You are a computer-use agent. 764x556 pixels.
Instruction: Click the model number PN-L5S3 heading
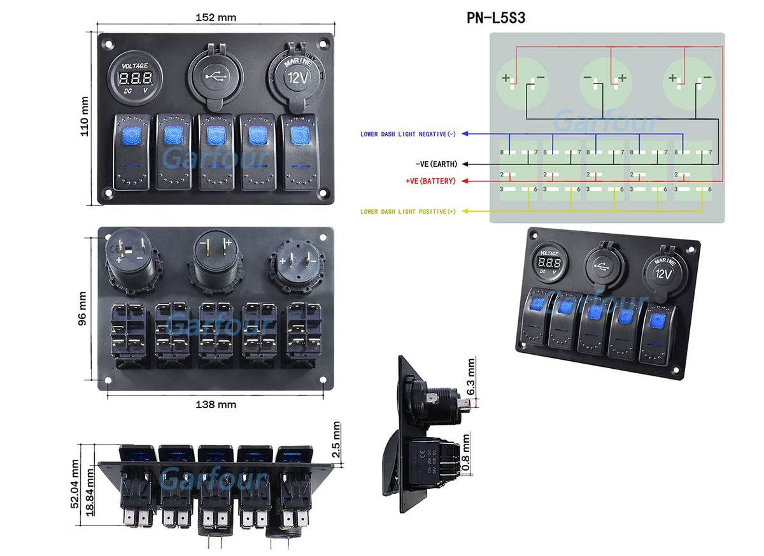(x=496, y=18)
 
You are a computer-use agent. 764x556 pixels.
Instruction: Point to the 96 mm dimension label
(x=82, y=309)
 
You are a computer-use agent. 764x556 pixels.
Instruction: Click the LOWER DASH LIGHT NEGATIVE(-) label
(x=408, y=134)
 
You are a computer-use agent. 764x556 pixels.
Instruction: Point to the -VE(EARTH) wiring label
(x=436, y=164)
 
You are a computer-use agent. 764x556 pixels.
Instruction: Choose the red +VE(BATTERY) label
(x=430, y=182)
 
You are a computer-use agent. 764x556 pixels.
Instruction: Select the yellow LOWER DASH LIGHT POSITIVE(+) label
(x=408, y=211)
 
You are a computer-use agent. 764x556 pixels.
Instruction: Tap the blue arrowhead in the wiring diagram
(x=465, y=134)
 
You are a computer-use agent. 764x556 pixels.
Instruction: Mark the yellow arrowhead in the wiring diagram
(x=465, y=211)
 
